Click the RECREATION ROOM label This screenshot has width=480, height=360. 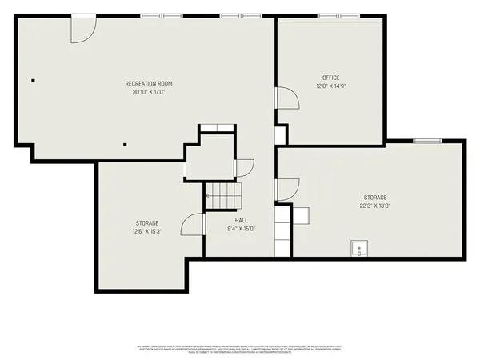148,83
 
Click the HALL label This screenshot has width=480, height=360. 241,220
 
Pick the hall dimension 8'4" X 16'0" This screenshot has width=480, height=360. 241,229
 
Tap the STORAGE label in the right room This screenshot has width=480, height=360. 374,198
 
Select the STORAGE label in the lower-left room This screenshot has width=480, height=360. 146,223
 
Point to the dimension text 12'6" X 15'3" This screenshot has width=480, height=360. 146,232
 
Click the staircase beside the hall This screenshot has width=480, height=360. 223,194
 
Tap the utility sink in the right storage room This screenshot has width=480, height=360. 360,250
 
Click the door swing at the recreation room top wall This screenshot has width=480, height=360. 82,29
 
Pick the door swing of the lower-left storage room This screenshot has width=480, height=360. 192,225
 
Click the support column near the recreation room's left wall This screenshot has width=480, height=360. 34,80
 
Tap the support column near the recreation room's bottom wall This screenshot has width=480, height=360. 125,145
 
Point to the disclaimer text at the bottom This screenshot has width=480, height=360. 240,349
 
